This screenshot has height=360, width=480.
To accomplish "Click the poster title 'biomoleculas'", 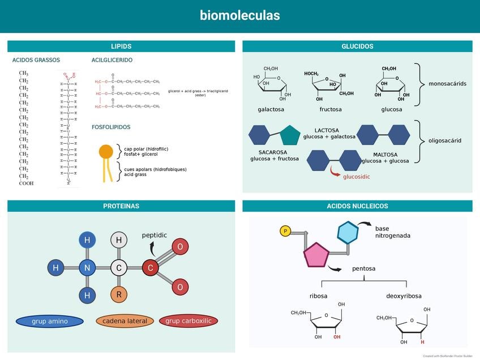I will click(x=239, y=15).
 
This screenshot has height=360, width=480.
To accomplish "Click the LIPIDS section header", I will click(x=121, y=46).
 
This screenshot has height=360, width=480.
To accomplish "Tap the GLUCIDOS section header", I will click(x=357, y=46).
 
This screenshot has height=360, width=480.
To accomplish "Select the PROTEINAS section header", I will click(x=121, y=206).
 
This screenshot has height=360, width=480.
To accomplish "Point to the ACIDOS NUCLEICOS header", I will click(x=357, y=206).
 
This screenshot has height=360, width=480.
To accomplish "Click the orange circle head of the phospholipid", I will click(x=106, y=151).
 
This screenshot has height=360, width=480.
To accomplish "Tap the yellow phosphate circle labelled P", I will click(x=285, y=231).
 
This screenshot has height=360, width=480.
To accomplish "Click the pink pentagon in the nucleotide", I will click(x=316, y=255).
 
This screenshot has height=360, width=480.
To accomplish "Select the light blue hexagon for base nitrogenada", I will click(x=348, y=233).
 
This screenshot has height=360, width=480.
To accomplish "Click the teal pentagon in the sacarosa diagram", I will click(x=290, y=136).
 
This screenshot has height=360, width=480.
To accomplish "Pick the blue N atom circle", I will click(x=87, y=268).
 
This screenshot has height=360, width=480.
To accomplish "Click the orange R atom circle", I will click(x=119, y=294).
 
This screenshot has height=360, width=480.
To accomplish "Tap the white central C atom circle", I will click(x=119, y=268).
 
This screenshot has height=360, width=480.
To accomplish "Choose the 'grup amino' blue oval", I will click(x=50, y=321).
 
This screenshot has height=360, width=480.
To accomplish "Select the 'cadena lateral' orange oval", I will click(x=125, y=321).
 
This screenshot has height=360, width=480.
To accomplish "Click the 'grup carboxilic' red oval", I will click(x=188, y=321).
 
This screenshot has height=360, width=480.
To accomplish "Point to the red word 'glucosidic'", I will click(x=357, y=177).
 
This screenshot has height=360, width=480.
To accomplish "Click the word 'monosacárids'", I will click(x=447, y=84).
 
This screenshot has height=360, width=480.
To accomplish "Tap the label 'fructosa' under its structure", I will click(x=331, y=109).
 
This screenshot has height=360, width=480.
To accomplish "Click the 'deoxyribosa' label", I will click(x=404, y=296).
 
